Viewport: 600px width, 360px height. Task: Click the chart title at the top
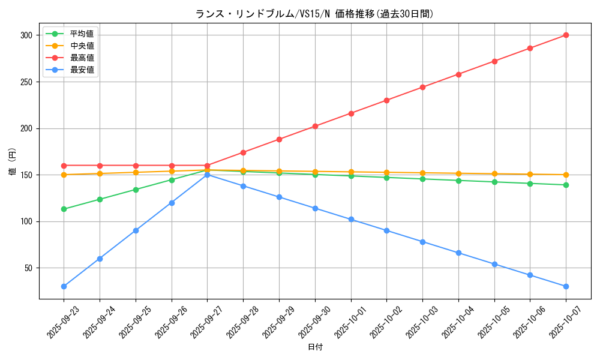point(314,14)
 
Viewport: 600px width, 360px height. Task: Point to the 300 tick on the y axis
point(25,35)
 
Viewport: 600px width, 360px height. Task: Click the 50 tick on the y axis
point(28,268)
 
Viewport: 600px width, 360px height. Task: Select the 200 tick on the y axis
point(25,128)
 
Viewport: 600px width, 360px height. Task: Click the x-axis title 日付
point(315,347)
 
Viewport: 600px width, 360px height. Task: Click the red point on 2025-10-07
point(566,35)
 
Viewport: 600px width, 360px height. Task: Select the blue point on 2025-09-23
point(64,286)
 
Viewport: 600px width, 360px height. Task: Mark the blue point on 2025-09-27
point(207,175)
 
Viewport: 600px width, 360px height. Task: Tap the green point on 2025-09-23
point(64,209)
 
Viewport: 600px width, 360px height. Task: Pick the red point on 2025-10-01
point(351,113)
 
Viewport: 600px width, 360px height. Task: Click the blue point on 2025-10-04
point(458,253)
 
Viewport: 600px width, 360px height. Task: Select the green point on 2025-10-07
point(566,185)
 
